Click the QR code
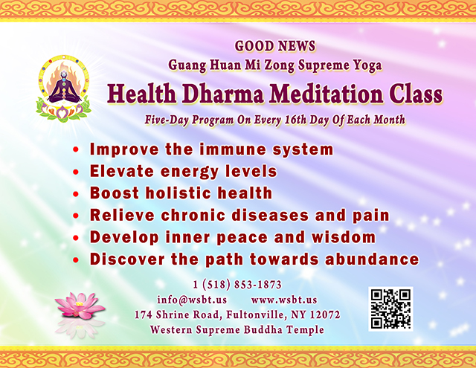pyautogui.click(x=390, y=309)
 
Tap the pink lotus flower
pyautogui.click(x=80, y=306)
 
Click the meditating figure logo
pyautogui.click(x=64, y=88)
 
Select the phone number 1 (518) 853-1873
pyautogui.click(x=237, y=285)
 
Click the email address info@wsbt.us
pyautogui.click(x=192, y=300)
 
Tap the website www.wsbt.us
pyautogui.click(x=284, y=300)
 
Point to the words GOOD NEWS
pyautogui.click(x=275, y=46)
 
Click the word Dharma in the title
pyautogui.click(x=223, y=94)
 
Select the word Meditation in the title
pyautogui.click(x=327, y=94)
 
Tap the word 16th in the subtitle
pyautogui.click(x=296, y=120)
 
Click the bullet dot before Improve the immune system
pyautogui.click(x=76, y=149)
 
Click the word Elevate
pyautogui.click(x=122, y=171)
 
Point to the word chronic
pyautogui.click(x=193, y=215)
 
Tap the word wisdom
pyautogui.click(x=344, y=237)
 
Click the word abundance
pyautogui.click(x=372, y=259)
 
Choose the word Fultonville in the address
pyautogui.click(x=256, y=314)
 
